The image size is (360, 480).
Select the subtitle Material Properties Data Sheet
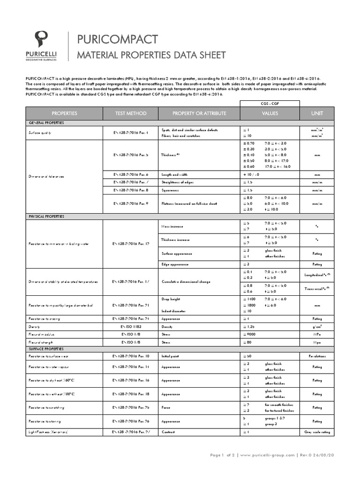pyautogui.click(x=148, y=55)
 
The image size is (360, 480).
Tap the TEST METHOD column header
pyautogui.click(x=130, y=113)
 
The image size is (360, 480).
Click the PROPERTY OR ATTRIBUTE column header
pyautogui.click(x=199, y=113)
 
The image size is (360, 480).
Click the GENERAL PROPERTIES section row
pyautogui.click(x=47, y=122)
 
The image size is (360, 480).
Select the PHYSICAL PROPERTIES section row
pyautogui.click(x=47, y=217)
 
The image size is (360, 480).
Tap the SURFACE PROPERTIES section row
pyautogui.click(x=47, y=349)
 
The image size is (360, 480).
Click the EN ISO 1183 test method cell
pyautogui.click(x=130, y=326)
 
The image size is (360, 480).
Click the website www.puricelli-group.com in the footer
pyautogui.click(x=268, y=455)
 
